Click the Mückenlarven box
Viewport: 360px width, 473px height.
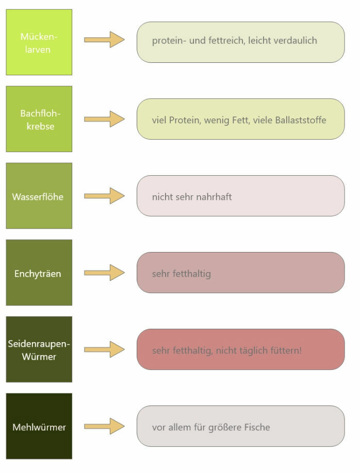click(x=39, y=42)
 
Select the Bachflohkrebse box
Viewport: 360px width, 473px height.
click(x=39, y=119)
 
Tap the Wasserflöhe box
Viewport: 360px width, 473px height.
click(x=39, y=196)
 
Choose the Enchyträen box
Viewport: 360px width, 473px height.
click(x=39, y=273)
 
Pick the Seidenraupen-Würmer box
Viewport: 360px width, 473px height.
click(x=39, y=349)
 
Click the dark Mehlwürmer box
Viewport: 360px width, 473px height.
click(x=39, y=426)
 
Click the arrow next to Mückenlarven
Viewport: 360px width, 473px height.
click(x=104, y=40)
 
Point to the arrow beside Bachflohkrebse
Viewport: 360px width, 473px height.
click(x=104, y=119)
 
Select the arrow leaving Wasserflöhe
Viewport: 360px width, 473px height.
click(x=104, y=196)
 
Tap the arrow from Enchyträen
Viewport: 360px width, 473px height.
click(x=104, y=273)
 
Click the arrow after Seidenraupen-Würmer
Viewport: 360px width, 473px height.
click(x=104, y=349)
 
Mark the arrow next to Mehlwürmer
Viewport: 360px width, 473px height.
click(x=104, y=426)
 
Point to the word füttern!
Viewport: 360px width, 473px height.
click(x=285, y=350)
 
